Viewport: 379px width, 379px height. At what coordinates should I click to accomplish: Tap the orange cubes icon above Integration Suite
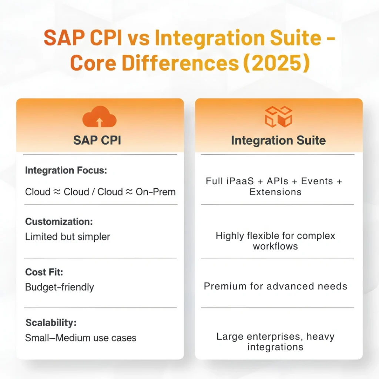[278, 117]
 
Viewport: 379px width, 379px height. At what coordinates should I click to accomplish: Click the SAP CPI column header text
[97, 140]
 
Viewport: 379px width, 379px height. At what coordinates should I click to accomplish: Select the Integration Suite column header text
[278, 140]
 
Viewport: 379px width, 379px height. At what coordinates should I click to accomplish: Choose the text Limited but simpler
[67, 237]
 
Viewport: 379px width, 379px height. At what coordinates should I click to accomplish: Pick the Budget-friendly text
[59, 287]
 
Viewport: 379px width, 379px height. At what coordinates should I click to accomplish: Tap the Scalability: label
[51, 322]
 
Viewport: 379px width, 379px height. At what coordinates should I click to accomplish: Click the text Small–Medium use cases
[80, 338]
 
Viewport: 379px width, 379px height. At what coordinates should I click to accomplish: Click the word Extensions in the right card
[275, 192]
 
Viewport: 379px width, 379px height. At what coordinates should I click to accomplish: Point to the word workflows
[275, 246]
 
